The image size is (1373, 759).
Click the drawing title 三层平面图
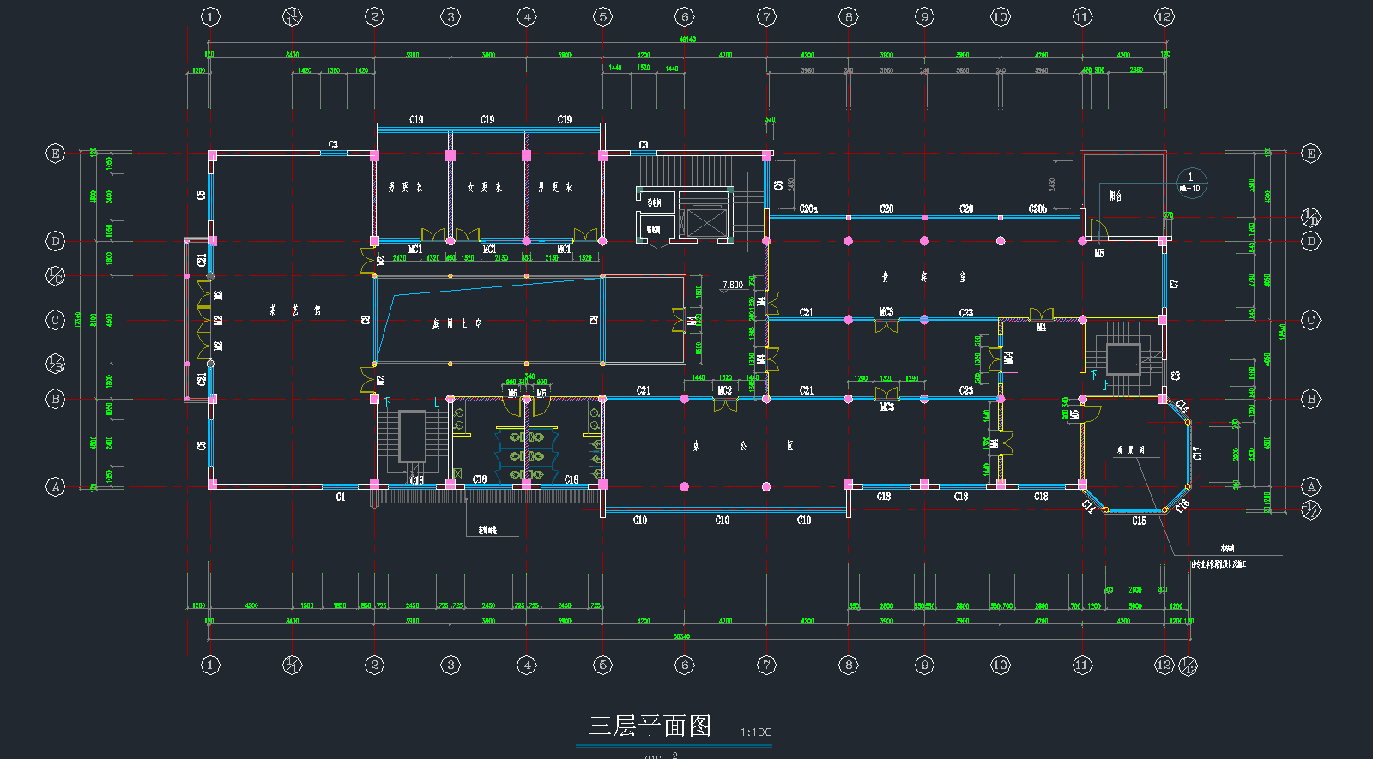pos(650,726)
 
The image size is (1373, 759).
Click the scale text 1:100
pos(756,732)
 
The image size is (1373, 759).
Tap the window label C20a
pos(808,209)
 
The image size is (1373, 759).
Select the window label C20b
pos(1037,209)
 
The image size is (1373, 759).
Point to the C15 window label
pos(1139,521)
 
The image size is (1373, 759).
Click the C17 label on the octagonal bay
pos(1198,452)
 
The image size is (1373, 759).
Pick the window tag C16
pos(1182,506)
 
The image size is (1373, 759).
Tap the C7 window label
pos(1175,283)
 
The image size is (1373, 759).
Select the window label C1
pos(341,497)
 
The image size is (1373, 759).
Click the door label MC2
pos(724,390)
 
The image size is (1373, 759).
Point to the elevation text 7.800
pos(733,285)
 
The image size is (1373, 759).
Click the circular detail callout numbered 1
pos(1191,182)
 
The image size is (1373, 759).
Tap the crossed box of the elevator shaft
pos(706,222)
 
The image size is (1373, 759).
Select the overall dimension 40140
pos(687,39)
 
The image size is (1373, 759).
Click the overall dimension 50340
pos(681,636)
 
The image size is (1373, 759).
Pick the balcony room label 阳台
pos(1116,196)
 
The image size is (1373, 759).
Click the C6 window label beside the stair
pos(778,184)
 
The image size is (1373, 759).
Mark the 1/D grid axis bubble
pos(1310,217)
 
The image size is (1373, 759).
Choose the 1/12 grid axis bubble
pos(1188,665)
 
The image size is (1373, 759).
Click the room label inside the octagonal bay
pos(1130,450)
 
